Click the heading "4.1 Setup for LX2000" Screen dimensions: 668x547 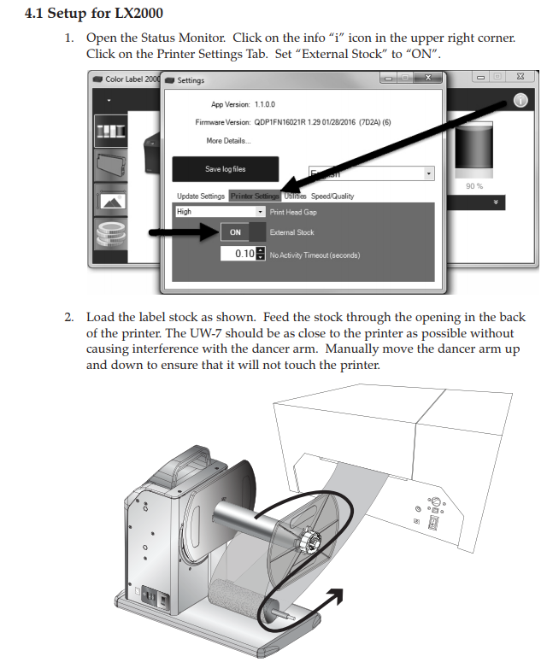coord(94,15)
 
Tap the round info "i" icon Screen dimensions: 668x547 coord(520,100)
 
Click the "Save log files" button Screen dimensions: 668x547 coord(226,169)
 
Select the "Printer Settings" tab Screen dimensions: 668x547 coord(255,196)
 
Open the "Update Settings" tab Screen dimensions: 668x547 coord(201,196)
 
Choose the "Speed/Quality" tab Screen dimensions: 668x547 coord(332,196)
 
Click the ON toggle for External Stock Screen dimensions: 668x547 coord(236,232)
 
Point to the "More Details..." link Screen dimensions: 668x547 coord(228,140)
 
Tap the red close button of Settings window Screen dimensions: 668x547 coord(426,79)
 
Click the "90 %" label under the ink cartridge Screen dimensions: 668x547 coord(474,185)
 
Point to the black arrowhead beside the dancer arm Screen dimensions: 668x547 coord(338,595)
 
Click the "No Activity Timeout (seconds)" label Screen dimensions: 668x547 coord(315,255)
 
